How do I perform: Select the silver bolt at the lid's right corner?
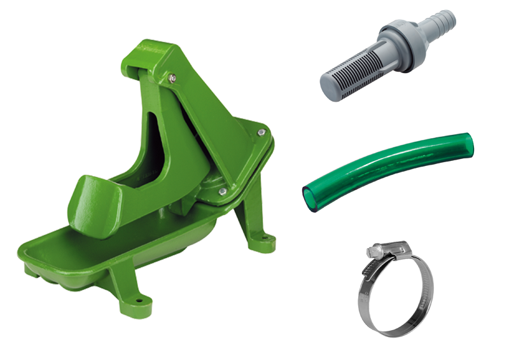[x=260, y=132]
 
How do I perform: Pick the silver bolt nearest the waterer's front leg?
[x=221, y=190]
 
